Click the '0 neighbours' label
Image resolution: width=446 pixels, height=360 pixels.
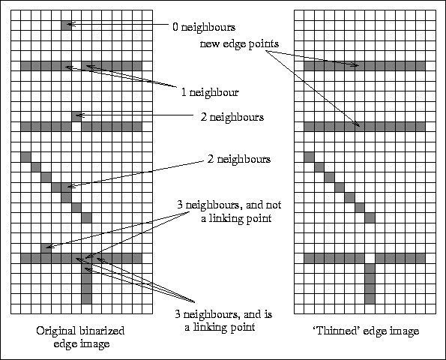[204, 27]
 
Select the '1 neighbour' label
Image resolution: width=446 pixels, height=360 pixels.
[210, 92]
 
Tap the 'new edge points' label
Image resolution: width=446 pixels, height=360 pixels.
[239, 43]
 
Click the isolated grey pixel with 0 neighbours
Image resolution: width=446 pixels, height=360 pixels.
[66, 25]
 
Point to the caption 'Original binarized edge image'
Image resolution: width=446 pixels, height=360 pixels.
[81, 337]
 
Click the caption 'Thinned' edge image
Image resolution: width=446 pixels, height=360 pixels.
[367, 331]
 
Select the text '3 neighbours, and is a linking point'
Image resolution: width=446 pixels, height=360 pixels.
[223, 321]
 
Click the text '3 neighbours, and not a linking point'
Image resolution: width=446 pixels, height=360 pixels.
[229, 211]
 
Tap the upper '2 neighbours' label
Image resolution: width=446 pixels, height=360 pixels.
[232, 117]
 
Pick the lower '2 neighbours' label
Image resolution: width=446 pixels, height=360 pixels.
[239, 159]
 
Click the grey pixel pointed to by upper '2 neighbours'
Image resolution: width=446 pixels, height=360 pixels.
[76, 117]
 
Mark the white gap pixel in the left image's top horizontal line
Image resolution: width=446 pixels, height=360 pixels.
[76, 66]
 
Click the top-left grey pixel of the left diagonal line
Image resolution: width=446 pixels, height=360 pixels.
[25, 157]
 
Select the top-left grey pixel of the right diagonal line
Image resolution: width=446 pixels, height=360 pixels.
[309, 157]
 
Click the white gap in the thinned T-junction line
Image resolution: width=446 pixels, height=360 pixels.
[370, 259]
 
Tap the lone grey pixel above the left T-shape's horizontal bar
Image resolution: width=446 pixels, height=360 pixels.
[46, 248]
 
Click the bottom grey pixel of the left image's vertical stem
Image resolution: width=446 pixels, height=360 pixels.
[86, 298]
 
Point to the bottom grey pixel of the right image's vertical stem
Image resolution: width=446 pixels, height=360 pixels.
[370, 298]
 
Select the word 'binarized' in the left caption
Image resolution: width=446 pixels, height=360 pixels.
[102, 331]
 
